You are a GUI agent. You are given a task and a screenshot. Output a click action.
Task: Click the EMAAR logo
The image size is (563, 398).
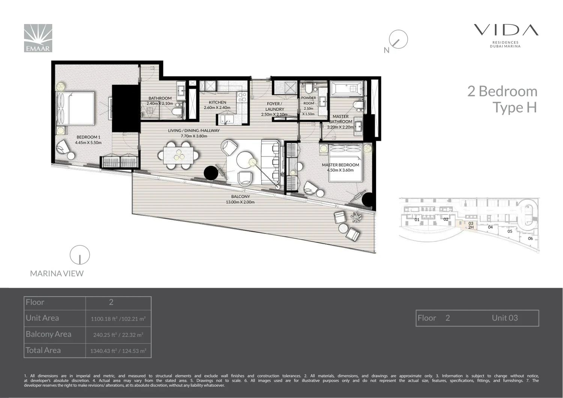click(x=38, y=38)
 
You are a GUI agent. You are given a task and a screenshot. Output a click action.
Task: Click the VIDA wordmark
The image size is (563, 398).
click(x=506, y=30)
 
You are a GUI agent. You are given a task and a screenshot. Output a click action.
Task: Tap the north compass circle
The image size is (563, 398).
click(x=398, y=39)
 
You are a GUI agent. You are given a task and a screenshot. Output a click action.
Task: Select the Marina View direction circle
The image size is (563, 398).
click(x=80, y=255)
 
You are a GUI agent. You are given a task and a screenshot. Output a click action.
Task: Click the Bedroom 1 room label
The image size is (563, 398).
click(x=89, y=137)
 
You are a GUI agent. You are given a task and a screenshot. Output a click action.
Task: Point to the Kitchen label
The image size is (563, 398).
click(x=217, y=103)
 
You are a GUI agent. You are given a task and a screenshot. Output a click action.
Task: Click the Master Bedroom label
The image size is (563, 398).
click(x=340, y=165)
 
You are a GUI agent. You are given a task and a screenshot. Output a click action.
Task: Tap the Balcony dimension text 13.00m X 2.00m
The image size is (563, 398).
click(x=240, y=202)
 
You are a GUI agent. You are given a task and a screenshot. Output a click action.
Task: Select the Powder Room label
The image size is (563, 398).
click(x=309, y=101)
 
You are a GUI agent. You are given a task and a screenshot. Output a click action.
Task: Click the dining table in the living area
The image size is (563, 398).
click(x=178, y=155)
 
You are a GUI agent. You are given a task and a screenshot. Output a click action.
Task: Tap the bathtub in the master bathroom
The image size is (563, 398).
click(x=347, y=88)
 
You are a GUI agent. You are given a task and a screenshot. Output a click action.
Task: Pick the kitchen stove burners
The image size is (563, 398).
click(x=242, y=97)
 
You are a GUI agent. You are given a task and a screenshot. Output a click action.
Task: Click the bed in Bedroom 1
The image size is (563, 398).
click(x=75, y=109)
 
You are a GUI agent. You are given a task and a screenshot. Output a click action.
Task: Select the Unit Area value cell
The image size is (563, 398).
click(x=118, y=318)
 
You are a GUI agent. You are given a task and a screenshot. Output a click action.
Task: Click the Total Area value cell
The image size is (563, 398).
click(x=118, y=351)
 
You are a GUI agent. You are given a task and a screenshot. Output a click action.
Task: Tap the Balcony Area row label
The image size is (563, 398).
click(x=48, y=334)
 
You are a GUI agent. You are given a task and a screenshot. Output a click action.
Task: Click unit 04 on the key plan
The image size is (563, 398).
click(x=490, y=227)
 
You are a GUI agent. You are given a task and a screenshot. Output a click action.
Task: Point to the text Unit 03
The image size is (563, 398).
click(x=505, y=318)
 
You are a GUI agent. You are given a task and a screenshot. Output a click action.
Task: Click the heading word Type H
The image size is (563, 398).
click(x=515, y=108)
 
